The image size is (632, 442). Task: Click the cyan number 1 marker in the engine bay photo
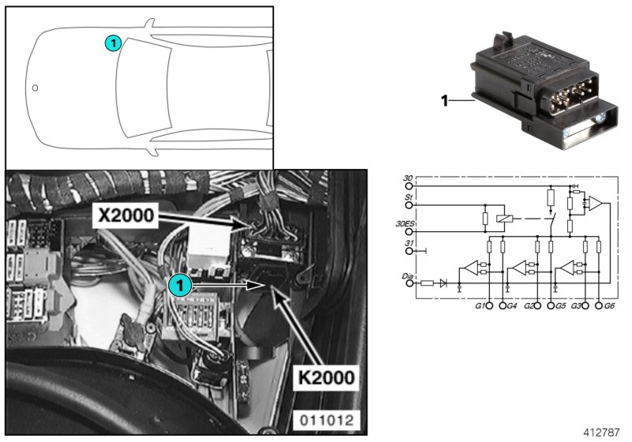coord(181,284)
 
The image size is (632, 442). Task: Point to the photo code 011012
coord(324,419)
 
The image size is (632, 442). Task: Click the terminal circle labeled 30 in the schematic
coord(409,187)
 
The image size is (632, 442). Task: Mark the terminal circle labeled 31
coord(409,252)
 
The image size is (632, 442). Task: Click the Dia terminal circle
coord(409,282)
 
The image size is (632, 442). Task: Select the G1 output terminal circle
coord(489,304)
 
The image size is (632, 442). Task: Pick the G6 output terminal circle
coord(600,304)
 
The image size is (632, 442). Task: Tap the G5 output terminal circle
coord(551,304)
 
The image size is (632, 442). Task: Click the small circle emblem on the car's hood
coord(35,88)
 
